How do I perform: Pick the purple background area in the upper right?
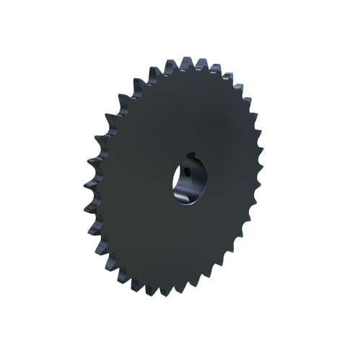[x=245, y=72]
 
